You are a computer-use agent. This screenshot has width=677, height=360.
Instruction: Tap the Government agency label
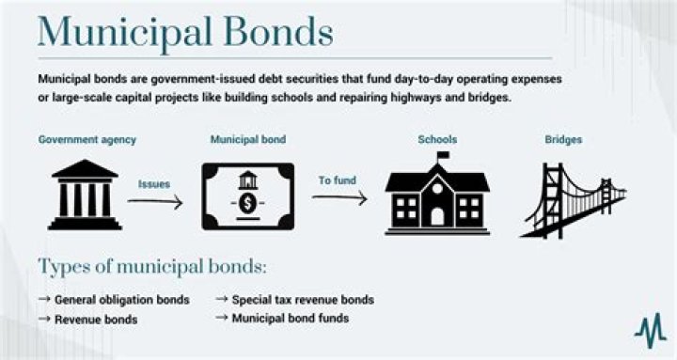tap(87, 140)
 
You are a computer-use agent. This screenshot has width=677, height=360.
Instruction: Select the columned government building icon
tap(85, 195)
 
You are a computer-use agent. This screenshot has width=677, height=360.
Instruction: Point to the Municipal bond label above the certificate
tap(248, 140)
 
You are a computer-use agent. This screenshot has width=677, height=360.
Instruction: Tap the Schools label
tap(437, 140)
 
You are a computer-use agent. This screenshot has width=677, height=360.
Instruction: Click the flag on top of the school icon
tap(442, 155)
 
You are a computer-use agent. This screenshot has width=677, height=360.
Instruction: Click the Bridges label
tap(563, 140)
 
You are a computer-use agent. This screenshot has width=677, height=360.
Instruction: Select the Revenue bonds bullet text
tap(96, 320)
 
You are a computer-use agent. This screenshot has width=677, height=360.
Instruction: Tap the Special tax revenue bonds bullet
tap(303, 300)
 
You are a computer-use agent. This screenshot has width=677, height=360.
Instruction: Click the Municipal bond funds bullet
tap(291, 319)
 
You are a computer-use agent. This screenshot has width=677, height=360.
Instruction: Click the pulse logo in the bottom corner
tap(649, 329)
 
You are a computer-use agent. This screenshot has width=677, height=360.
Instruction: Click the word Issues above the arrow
tap(153, 184)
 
